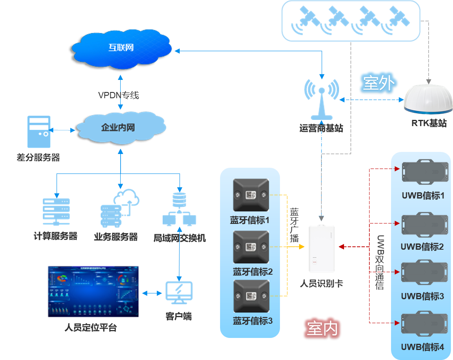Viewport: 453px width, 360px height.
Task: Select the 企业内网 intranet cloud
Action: tap(119, 127)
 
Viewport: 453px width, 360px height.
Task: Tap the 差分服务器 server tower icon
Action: tap(39, 132)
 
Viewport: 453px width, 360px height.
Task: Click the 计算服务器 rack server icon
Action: tap(56, 212)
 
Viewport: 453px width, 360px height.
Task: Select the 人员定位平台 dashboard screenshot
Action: tap(93, 291)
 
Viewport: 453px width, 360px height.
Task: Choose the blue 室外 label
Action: tap(378, 84)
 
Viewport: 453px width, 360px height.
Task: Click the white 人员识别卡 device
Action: tap(322, 248)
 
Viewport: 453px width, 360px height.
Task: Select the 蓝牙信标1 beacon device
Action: tap(251, 195)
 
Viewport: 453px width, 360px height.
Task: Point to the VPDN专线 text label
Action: tap(118, 95)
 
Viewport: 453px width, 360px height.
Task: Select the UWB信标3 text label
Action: tap(422, 297)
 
